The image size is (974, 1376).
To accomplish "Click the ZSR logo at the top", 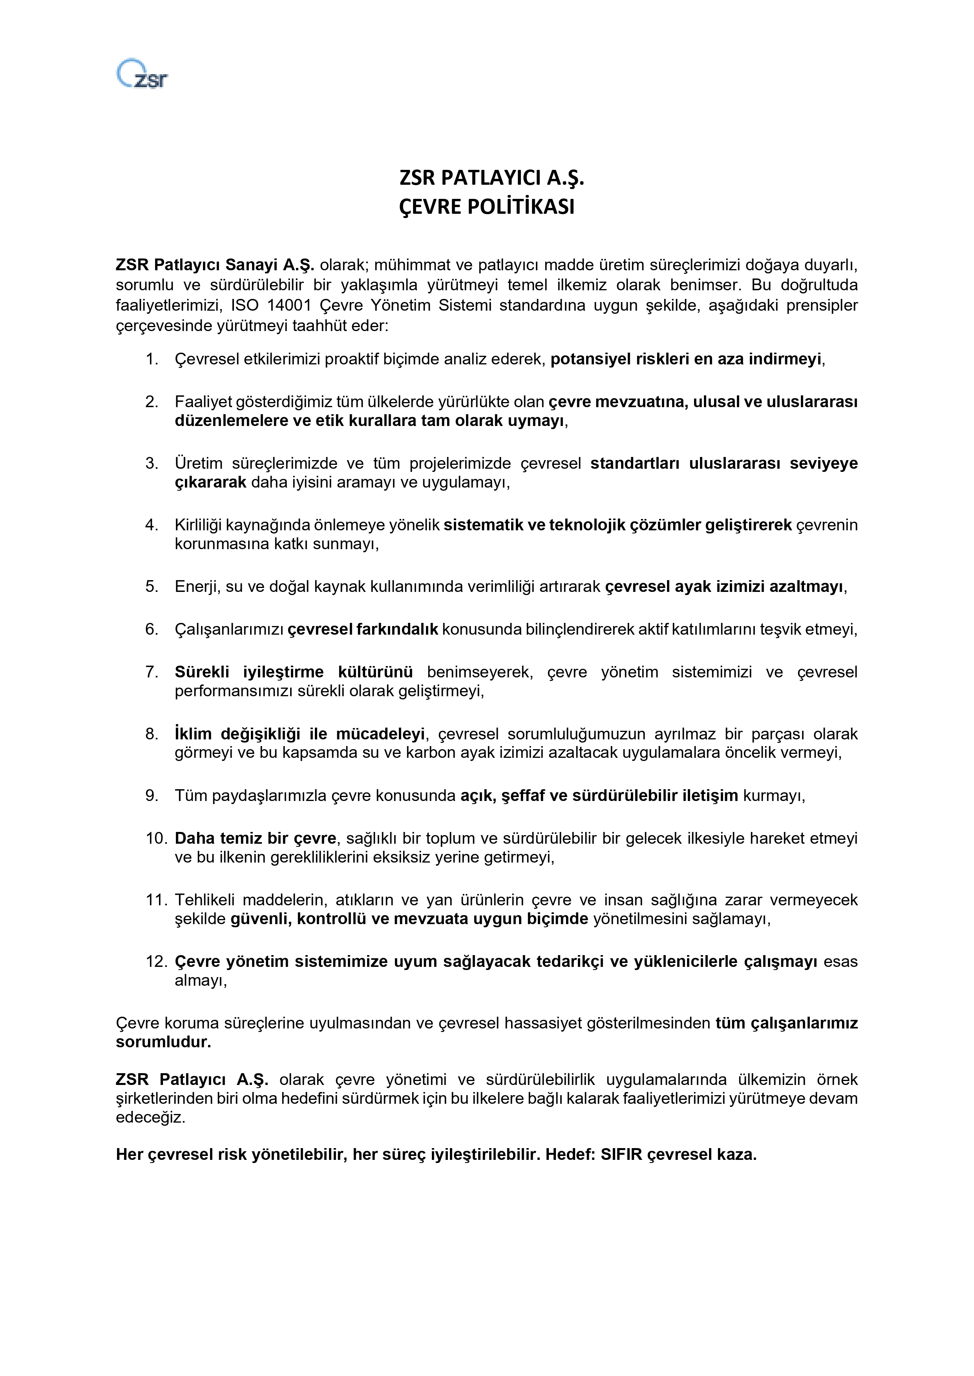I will [x=142, y=74].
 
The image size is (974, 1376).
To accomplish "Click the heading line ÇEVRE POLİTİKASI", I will [x=486, y=207].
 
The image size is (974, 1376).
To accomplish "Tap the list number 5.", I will [x=151, y=587].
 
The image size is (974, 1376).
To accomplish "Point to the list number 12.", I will [x=155, y=962].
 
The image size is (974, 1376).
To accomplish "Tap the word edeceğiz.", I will [x=150, y=1118].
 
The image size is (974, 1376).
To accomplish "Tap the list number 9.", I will [x=151, y=796].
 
